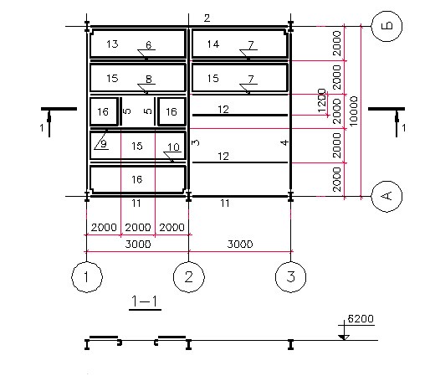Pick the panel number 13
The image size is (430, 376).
112,44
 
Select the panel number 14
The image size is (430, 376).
213,44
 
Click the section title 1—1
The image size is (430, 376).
145,301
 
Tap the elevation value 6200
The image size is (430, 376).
361,319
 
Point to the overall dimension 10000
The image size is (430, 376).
353,111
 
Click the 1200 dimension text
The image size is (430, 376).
322,100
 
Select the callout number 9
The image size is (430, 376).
104,144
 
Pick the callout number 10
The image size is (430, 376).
173,147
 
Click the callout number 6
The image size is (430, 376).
149,45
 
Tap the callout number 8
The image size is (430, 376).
149,80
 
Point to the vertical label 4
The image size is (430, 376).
284,142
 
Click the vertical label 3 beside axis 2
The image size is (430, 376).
196,142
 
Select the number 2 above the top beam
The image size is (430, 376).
207,18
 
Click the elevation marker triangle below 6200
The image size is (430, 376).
344,337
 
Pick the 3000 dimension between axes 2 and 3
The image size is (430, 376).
240,245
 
